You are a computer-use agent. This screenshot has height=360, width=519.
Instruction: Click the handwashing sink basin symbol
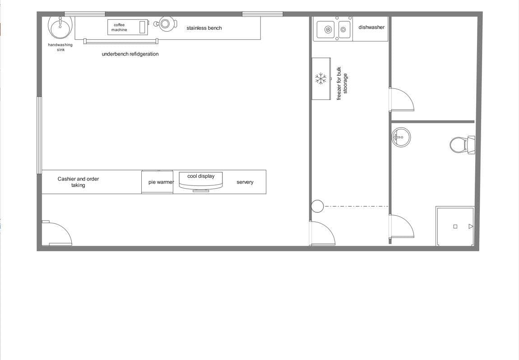pos(60,26)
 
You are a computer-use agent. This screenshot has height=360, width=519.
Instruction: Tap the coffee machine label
pos(119,28)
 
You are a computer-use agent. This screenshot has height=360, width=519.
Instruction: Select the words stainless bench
pos(204,28)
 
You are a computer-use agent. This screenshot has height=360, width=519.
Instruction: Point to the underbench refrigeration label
pos(130,54)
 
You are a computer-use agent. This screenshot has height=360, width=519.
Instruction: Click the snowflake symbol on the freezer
pos(321,79)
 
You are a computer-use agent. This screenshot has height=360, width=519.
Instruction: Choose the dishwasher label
pos(371,28)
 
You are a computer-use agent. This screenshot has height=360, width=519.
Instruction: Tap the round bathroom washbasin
pos(401,137)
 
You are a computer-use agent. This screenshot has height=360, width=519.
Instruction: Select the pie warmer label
pos(161,182)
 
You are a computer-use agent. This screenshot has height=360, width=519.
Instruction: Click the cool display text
pos(201,176)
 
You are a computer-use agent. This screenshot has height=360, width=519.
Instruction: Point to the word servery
pos(245,182)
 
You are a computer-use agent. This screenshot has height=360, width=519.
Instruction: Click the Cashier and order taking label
pos(78,182)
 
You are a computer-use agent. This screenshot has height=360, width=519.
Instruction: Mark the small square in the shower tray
pos(455,226)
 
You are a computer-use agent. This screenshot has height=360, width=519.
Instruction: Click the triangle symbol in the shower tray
pos(471,226)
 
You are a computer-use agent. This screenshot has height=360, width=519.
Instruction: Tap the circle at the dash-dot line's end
pos(317,206)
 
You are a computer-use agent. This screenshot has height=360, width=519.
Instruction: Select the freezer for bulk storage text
pos(342,83)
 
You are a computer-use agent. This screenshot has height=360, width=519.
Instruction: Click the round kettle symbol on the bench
pos(165,23)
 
